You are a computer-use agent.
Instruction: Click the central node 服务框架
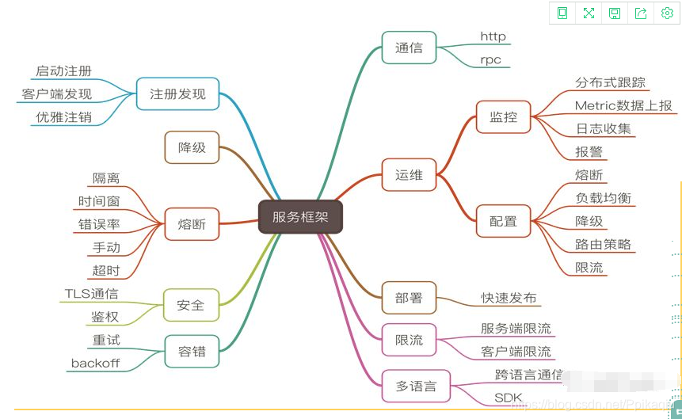[x=300, y=216]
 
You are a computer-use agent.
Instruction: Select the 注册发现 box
[x=177, y=93]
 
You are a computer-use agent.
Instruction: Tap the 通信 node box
[x=409, y=48]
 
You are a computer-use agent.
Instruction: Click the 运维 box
[x=409, y=175]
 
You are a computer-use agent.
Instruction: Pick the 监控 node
[x=503, y=117]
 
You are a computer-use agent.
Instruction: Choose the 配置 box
[x=503, y=220]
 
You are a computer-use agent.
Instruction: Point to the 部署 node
[x=409, y=298]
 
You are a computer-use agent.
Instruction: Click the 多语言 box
[x=416, y=387]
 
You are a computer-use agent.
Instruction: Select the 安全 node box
[x=191, y=305]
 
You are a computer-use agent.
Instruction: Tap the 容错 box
[x=191, y=351]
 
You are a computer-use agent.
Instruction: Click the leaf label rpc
[x=490, y=60]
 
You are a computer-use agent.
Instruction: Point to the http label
[x=493, y=36]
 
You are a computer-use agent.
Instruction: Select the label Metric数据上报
[x=623, y=105]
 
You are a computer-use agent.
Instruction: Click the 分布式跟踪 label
[x=610, y=82]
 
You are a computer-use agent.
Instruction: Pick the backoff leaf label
[x=95, y=364]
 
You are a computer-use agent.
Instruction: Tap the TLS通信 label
[x=91, y=295]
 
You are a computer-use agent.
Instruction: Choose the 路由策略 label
[x=603, y=244]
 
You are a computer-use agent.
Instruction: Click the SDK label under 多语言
[x=508, y=397]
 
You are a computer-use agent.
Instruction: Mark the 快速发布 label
[x=509, y=298]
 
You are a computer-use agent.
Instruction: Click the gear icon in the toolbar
[x=666, y=13]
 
